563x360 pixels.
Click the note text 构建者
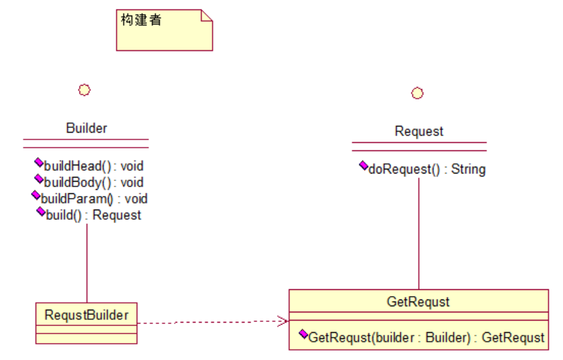pos(141,20)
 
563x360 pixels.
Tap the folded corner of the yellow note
pos(206,16)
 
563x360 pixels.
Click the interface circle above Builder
pos(84,89)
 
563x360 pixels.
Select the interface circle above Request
pos(417,93)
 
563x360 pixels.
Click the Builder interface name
pos(86,128)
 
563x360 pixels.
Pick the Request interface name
pos(419,131)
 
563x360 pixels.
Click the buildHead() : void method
pos(93,165)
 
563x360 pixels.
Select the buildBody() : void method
pos(93,182)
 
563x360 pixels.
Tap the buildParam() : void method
pos(94,199)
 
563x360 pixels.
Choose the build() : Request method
pos(93,215)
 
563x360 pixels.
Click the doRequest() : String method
pos(426,169)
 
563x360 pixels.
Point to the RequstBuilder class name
pos(86,314)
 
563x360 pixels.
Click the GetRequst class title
pos(418,301)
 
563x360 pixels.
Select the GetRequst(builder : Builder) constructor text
pos(426,337)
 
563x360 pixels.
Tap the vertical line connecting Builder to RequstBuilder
pos(86,262)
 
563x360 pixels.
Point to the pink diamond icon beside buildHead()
pos(39,163)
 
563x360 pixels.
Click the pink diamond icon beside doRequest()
pos(363,167)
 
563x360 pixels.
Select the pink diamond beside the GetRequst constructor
pos(303,335)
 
